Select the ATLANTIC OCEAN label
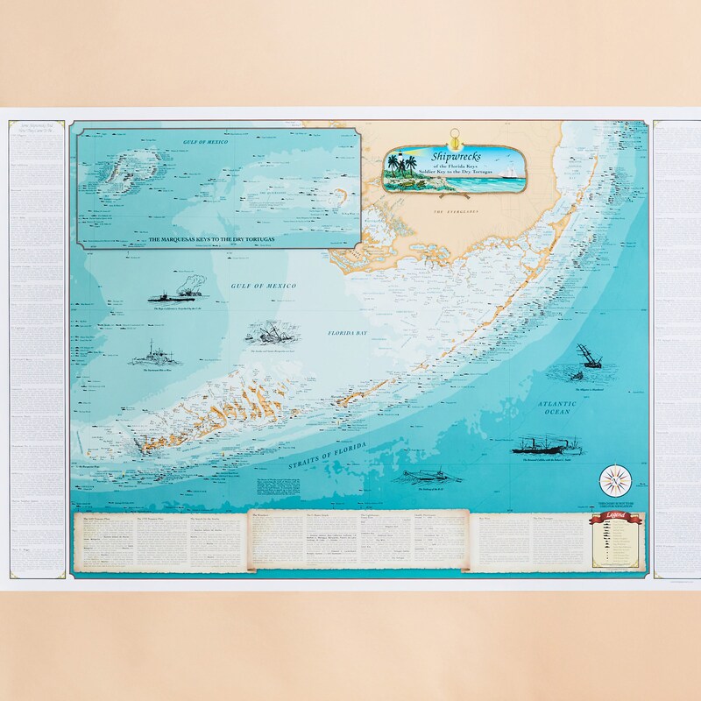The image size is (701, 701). (x=555, y=408)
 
